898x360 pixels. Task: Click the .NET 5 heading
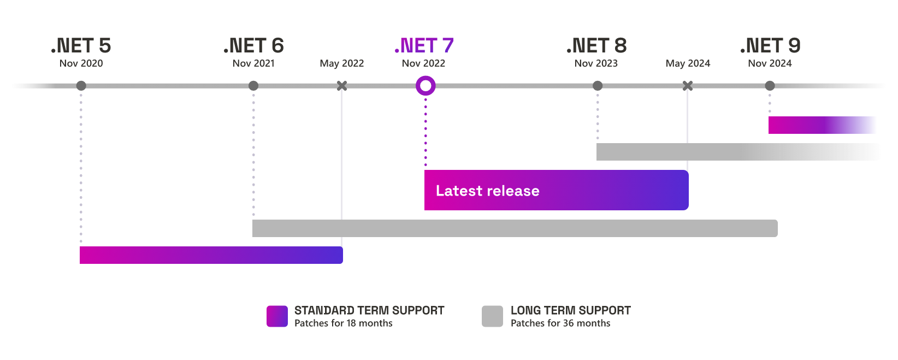[x=81, y=46]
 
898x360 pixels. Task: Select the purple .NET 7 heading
[x=424, y=46]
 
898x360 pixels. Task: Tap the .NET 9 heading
[x=770, y=46]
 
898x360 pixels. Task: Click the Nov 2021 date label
[x=253, y=63]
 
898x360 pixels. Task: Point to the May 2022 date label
[x=341, y=63]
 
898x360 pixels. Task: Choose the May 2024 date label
[x=688, y=63]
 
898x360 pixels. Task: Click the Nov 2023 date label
[x=596, y=63]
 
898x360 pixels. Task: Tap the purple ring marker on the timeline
[x=426, y=86]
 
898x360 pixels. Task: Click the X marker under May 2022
[x=341, y=86]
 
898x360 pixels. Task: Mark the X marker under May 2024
[x=688, y=86]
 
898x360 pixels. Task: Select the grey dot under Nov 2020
[x=81, y=86]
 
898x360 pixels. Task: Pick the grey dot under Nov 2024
[x=770, y=86]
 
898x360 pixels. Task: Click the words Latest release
[x=487, y=191]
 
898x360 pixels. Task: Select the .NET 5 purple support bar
[x=211, y=255]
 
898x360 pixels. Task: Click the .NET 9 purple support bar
[x=822, y=125]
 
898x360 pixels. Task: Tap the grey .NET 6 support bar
[x=515, y=228]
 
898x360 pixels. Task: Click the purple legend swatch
[x=277, y=316]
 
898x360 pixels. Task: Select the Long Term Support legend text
[x=570, y=310]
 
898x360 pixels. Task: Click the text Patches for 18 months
[x=343, y=323]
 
